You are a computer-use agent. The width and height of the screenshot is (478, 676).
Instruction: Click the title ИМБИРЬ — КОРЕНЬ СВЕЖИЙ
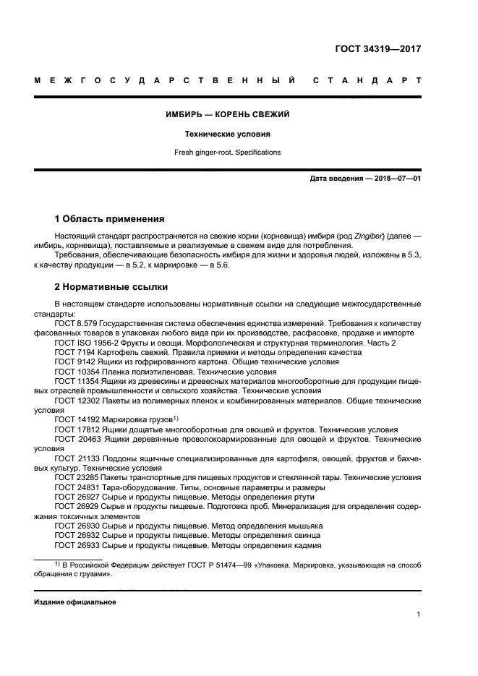coord(228,114)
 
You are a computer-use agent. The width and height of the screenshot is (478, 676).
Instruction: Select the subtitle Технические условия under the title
coord(228,134)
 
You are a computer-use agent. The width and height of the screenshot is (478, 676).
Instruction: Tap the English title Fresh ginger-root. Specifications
coord(228,153)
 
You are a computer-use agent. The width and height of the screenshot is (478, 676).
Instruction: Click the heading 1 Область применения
coord(110,218)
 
